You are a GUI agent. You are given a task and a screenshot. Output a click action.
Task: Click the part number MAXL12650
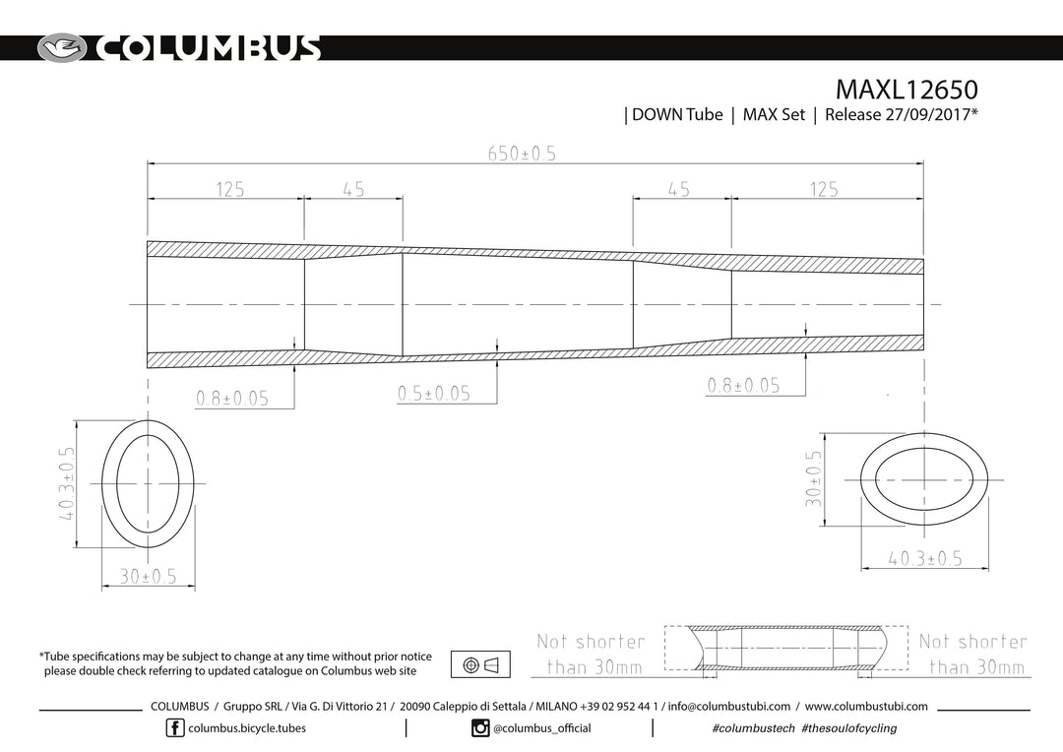point(907,90)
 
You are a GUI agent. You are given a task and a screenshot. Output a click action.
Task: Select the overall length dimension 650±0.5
point(522,154)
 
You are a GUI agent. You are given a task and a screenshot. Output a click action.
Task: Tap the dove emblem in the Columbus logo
point(62,48)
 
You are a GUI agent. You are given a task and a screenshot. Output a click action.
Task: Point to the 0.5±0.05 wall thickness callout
point(434,394)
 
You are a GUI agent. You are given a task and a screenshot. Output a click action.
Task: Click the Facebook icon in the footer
point(175,728)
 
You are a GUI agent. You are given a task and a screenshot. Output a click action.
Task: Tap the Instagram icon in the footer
point(480,728)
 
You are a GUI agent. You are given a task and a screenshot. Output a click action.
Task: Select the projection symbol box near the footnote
point(480,664)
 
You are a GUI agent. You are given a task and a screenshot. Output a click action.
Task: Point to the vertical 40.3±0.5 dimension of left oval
point(67,483)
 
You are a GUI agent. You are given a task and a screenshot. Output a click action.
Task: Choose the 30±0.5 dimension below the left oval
point(148,577)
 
